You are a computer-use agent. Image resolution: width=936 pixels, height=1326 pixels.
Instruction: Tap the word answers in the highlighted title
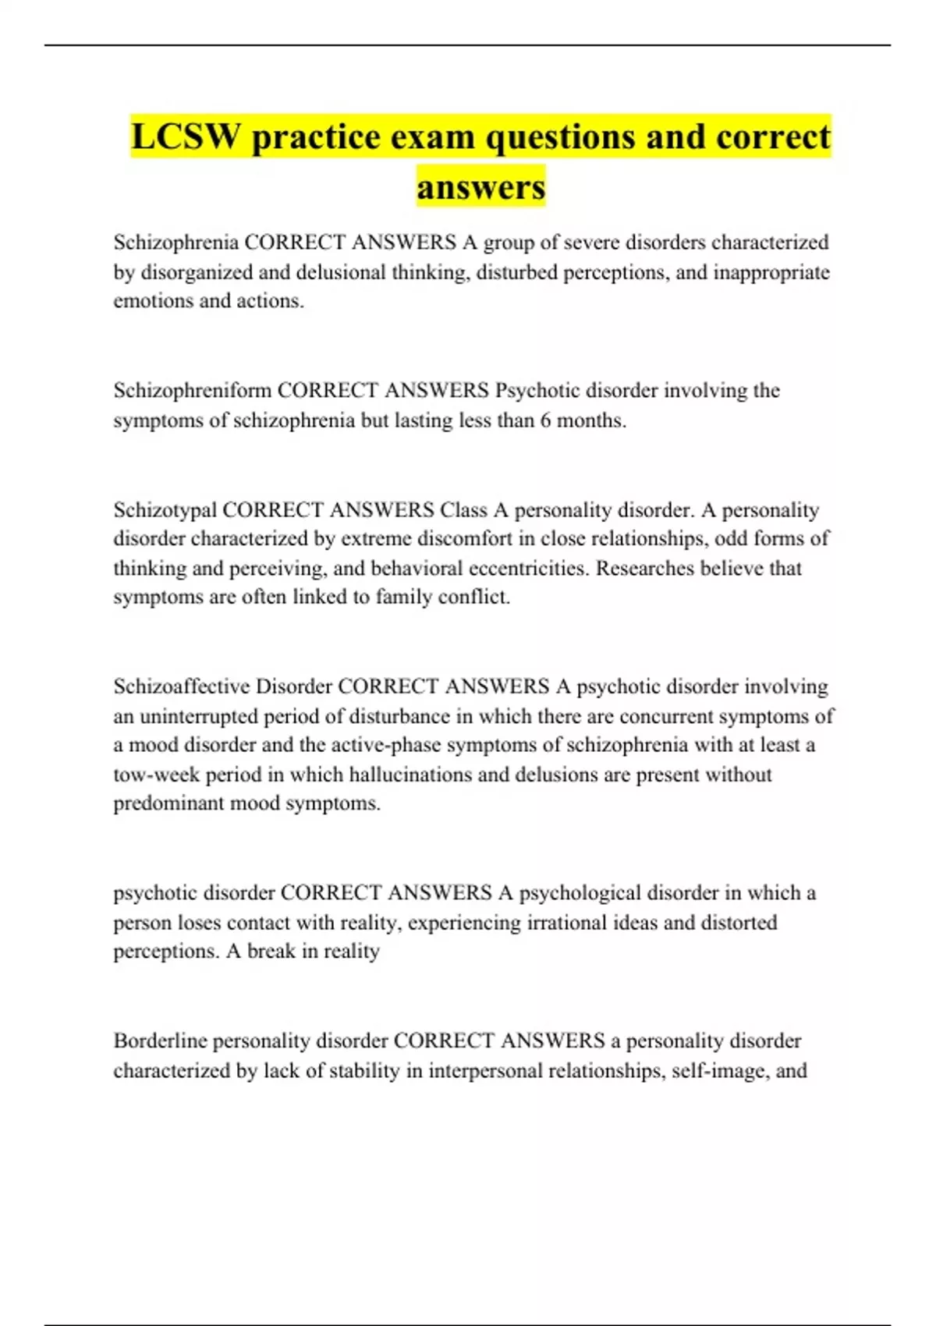pyautogui.click(x=480, y=187)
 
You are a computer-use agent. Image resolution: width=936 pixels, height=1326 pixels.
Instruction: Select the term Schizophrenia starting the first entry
pyautogui.click(x=175, y=243)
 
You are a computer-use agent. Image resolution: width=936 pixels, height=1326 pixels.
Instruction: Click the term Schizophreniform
pyautogui.click(x=192, y=390)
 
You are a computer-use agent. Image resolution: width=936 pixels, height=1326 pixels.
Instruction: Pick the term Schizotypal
pyautogui.click(x=165, y=510)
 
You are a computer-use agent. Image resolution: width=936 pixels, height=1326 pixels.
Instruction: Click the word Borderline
pyautogui.click(x=160, y=1041)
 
